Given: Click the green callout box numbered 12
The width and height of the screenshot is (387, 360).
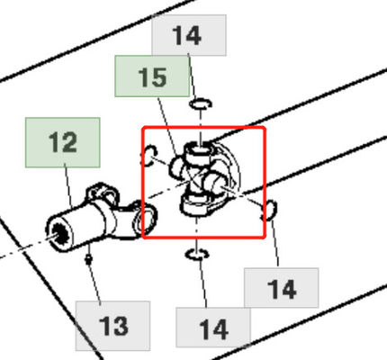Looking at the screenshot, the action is [63, 142].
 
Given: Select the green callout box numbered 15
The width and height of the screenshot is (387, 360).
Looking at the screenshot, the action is [152, 76].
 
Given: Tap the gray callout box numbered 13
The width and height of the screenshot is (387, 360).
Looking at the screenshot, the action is [112, 326].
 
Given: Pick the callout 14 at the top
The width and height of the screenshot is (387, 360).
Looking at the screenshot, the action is [189, 35].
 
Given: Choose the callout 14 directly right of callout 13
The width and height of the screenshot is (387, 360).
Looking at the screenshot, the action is [213, 328].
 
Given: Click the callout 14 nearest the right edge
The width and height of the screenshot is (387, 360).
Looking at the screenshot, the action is [282, 288].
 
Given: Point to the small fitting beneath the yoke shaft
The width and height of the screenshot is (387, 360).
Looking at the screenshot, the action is [88, 259].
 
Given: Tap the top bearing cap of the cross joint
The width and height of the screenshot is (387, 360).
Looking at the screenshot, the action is [199, 149].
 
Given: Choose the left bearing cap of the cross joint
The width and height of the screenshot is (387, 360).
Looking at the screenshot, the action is [176, 168].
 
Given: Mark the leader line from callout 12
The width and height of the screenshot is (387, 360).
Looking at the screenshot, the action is [68, 186].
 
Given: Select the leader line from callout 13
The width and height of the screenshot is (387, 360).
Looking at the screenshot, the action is [94, 283].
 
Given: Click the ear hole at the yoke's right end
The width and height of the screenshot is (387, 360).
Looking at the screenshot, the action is [147, 218].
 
